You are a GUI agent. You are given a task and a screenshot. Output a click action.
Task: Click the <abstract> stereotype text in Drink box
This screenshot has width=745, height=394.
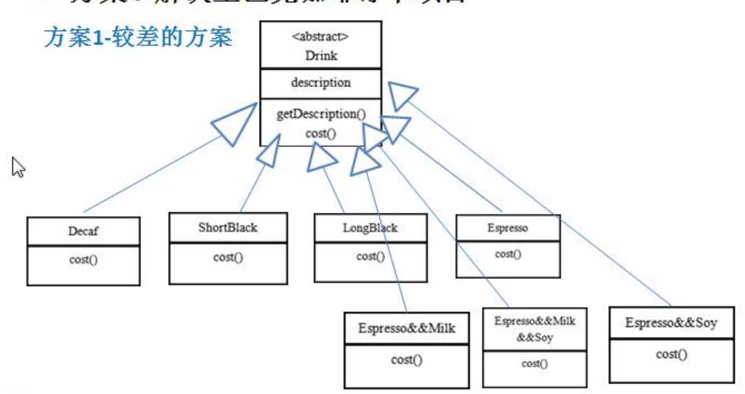point(321,38)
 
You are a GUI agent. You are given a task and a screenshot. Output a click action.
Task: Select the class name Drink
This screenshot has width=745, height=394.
point(321,55)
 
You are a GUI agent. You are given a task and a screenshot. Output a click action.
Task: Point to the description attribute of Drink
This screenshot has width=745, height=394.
point(321,83)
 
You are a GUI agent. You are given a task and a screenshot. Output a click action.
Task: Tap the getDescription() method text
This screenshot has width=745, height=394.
point(321,114)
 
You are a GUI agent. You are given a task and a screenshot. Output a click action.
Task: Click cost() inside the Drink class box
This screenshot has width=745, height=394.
point(321,132)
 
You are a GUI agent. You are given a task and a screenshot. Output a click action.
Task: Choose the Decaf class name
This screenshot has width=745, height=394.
point(83,232)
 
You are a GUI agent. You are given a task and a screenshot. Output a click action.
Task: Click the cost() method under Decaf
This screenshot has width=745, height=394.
point(83,259)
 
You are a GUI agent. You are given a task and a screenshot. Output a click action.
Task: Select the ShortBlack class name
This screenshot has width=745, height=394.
point(228,228)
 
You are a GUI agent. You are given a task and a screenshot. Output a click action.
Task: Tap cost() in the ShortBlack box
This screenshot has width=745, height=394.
point(228,257)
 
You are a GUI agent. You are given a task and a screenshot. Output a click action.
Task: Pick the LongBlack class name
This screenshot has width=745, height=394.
point(370,229)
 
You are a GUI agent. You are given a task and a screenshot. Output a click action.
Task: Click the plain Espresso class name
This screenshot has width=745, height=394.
point(508,228)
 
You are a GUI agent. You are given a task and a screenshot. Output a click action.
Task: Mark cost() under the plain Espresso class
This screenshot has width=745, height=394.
point(508,253)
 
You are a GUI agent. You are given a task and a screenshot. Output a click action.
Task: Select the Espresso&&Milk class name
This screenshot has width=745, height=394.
point(407,329)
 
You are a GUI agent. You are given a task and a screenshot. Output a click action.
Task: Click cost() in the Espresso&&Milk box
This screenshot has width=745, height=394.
point(407,359)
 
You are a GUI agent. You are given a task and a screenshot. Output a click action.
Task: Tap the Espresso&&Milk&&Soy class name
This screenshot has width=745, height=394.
point(534,329)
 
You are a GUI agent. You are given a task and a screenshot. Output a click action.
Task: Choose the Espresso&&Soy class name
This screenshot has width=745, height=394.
point(671,323)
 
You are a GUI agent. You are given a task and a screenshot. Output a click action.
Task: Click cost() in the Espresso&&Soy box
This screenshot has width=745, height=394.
point(671,354)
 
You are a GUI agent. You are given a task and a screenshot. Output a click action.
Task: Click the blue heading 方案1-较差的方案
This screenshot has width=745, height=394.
point(139,37)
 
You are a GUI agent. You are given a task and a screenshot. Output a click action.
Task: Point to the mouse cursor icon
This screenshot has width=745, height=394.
point(18,167)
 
